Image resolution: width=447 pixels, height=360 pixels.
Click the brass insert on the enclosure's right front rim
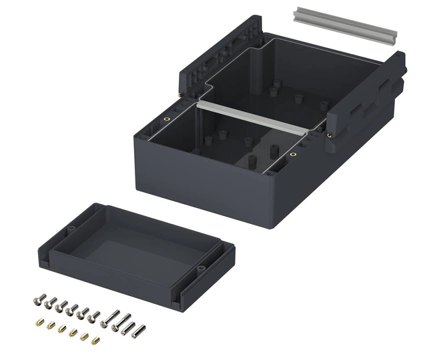293,155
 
